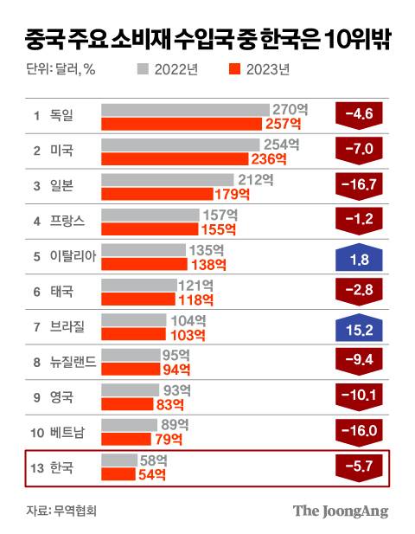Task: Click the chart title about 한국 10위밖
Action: tap(207, 37)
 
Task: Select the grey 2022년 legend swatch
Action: tap(144, 69)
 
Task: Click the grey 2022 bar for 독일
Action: tap(185, 110)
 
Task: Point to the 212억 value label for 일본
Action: tap(257, 181)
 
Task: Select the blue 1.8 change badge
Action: tap(358, 255)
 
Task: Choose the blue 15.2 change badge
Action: tap(358, 326)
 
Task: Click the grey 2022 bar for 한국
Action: tap(119, 460)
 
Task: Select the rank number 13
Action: tap(37, 468)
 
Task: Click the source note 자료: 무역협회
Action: tap(61, 510)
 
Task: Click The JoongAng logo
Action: tap(340, 510)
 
